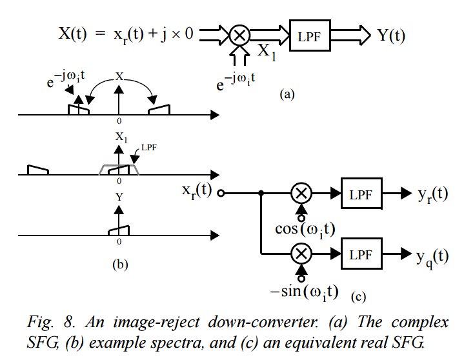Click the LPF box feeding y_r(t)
(x=359, y=194)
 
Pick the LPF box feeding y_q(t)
(x=359, y=254)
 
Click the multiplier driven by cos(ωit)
(x=300, y=193)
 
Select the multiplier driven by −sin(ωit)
(x=300, y=254)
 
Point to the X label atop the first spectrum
(x=119, y=76)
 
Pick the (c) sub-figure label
(x=359, y=297)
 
